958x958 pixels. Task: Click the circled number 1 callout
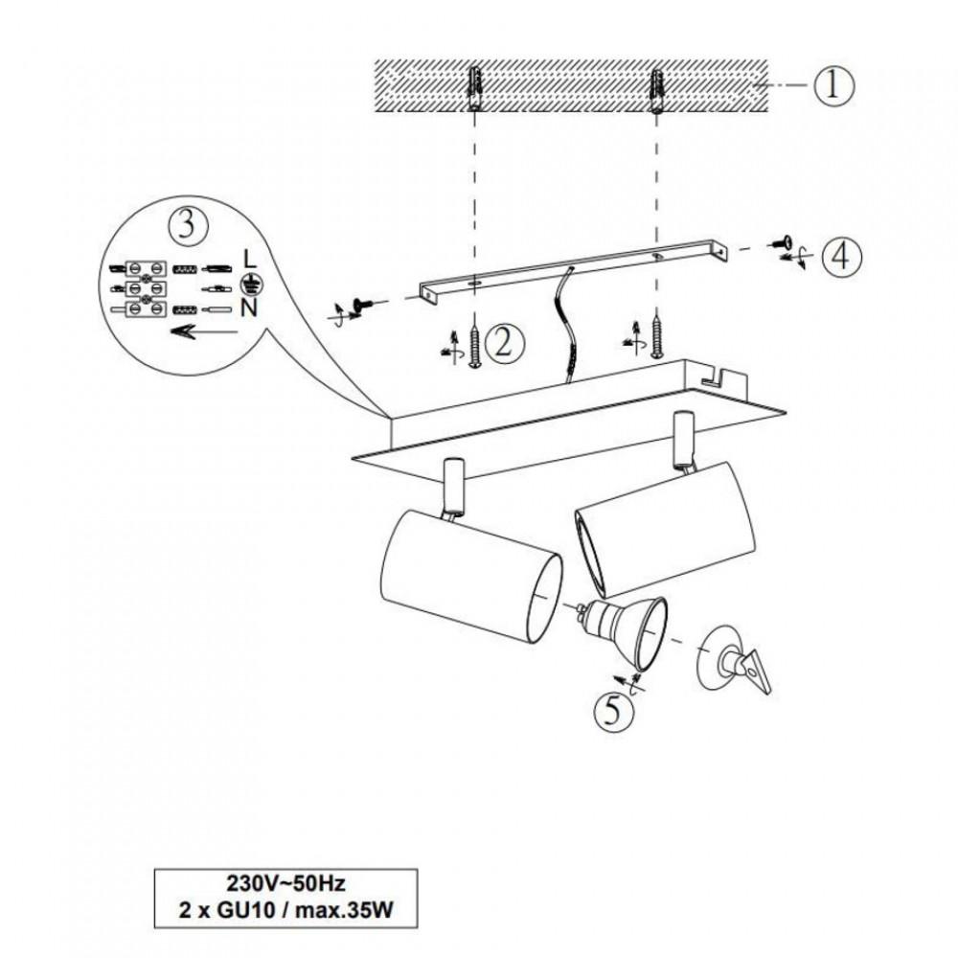point(833,86)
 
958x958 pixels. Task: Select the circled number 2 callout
point(504,343)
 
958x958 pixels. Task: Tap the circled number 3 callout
point(188,225)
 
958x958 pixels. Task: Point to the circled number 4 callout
point(841,256)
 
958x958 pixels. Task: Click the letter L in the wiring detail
point(249,260)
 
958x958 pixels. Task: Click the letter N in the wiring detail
point(249,308)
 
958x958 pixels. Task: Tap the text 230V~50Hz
point(285,883)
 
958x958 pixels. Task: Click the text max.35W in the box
point(345,911)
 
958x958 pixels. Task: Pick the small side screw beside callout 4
point(779,242)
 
